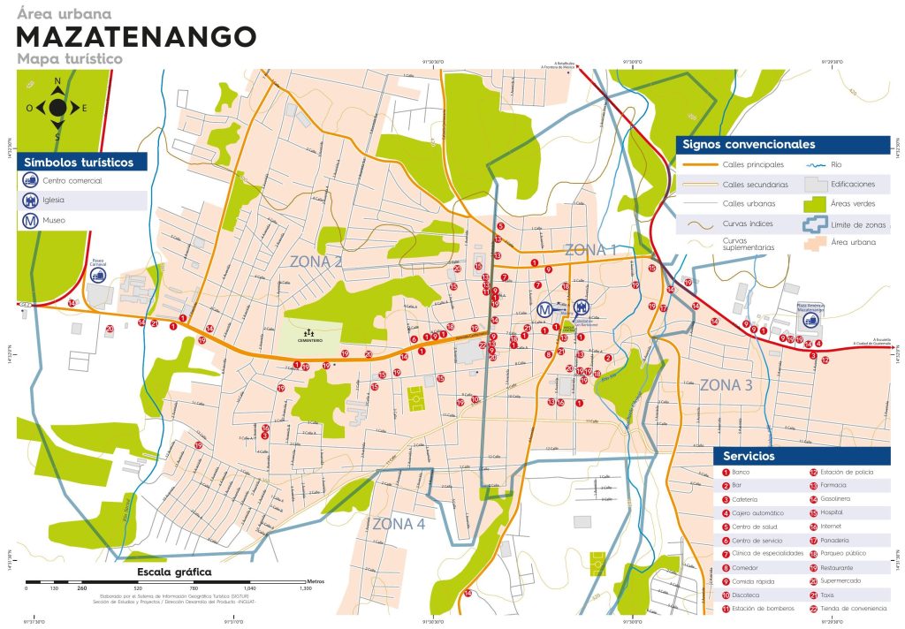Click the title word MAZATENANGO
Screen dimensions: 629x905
tap(137, 36)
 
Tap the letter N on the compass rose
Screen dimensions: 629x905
tap(57, 81)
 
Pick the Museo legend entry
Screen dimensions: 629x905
tap(54, 220)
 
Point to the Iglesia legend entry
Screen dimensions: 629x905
tap(54, 201)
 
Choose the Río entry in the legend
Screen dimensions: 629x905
tap(841, 165)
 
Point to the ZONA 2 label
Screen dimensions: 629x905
tap(316, 261)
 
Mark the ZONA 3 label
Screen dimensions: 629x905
tap(726, 385)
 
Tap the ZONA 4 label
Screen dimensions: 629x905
tap(399, 524)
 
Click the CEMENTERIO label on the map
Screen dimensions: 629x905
tap(309, 340)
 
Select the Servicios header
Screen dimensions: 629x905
tap(749, 456)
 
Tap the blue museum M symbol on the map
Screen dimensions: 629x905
tap(546, 310)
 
